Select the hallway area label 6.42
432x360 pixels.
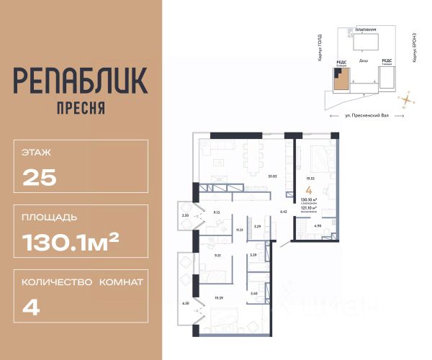[x=283, y=212]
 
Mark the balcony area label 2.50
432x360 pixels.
[x=184, y=215]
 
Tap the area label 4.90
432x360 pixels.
[x=318, y=226]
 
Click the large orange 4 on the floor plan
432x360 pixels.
[x=308, y=189]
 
